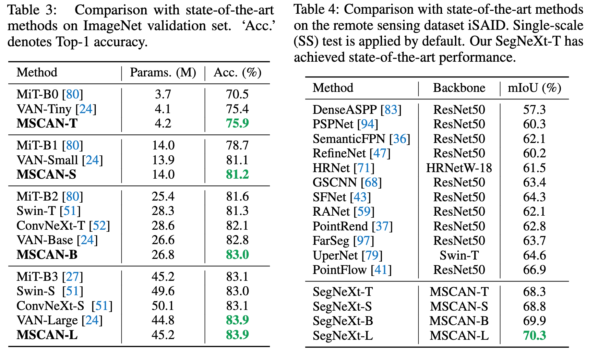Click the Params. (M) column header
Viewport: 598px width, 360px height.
[x=163, y=73]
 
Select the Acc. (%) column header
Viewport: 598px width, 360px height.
[x=237, y=73]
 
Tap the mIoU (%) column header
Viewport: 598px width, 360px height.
[x=534, y=88]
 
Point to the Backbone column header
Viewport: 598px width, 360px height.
[x=459, y=88]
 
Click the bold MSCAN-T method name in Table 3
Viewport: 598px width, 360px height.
[x=47, y=123]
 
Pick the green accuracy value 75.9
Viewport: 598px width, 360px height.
[x=237, y=123]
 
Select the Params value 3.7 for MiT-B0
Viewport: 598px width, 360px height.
[x=163, y=94]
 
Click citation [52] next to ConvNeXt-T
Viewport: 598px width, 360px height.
[x=99, y=226]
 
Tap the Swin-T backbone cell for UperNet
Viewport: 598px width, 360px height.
[x=459, y=255]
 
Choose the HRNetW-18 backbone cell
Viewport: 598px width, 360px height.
[x=459, y=168]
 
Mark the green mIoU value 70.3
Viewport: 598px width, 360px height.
[x=534, y=335]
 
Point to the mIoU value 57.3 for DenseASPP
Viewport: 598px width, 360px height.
[x=534, y=110]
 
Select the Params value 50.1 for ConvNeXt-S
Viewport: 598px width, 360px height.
[x=163, y=306]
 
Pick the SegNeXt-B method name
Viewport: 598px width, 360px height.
[x=343, y=321]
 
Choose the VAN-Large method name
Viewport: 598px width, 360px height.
[x=47, y=320]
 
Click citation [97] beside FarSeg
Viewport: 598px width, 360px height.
[x=363, y=241]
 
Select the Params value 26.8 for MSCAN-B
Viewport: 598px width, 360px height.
[x=163, y=255]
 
